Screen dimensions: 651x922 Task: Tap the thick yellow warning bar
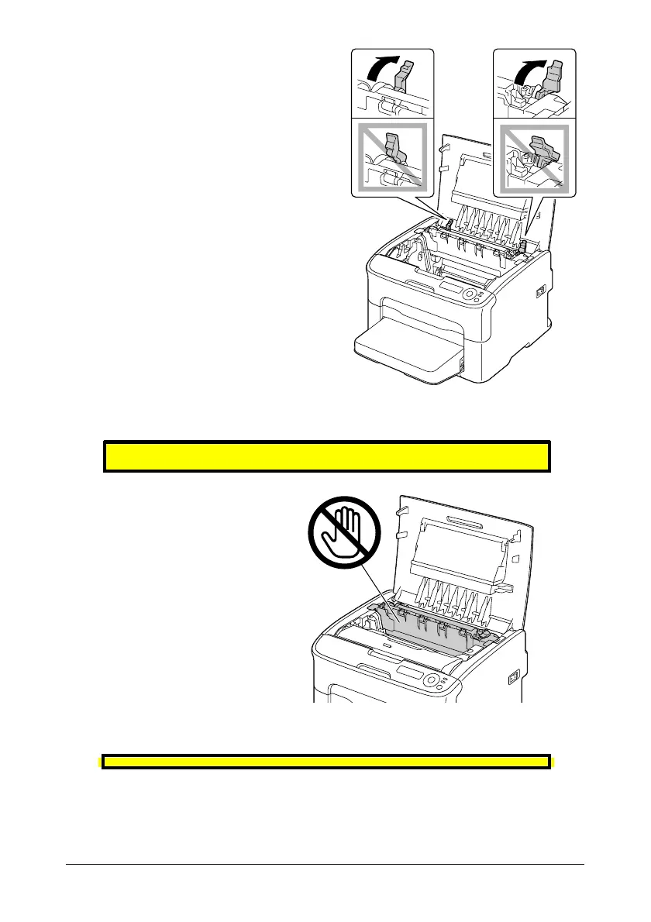326,456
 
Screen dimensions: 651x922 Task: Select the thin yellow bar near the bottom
326,762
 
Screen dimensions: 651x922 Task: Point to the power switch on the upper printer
539,291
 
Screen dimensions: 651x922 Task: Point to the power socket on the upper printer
463,364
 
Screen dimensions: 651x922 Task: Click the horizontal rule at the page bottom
325,865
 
